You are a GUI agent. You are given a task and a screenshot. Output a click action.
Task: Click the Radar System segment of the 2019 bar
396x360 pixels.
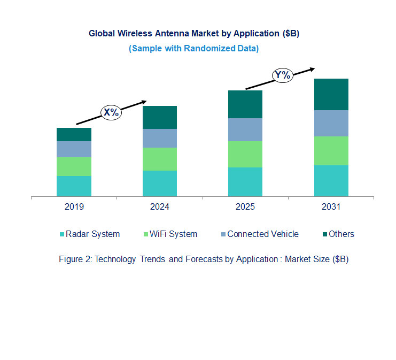point(74,186)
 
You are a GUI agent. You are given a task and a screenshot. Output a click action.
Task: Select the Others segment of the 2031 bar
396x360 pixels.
point(331,94)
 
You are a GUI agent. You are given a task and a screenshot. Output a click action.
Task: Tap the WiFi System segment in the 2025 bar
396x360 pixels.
point(245,154)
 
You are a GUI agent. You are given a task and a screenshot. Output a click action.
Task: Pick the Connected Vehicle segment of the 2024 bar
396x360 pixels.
point(159,138)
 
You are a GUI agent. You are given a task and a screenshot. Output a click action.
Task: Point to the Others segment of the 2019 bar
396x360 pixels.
point(74,134)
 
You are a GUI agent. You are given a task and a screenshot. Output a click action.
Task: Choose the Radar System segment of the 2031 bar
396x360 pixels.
point(331,181)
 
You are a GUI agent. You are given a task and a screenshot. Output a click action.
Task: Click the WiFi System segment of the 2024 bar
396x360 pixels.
point(159,159)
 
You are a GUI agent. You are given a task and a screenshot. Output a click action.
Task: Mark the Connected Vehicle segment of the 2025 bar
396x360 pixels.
point(245,129)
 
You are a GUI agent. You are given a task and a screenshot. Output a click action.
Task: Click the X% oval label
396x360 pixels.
point(112,112)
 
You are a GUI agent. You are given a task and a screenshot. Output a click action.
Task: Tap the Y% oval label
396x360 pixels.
point(282,75)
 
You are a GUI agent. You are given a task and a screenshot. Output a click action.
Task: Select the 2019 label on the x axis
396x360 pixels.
point(74,206)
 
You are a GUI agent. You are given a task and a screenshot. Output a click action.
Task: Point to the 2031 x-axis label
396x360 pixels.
point(331,206)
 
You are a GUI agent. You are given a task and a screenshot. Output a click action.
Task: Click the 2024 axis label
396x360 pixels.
point(159,206)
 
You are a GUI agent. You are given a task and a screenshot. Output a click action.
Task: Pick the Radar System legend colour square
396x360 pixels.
point(62,234)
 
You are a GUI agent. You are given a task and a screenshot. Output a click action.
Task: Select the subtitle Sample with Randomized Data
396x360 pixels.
point(193,48)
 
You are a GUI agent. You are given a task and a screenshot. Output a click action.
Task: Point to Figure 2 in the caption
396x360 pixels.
point(75,259)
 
